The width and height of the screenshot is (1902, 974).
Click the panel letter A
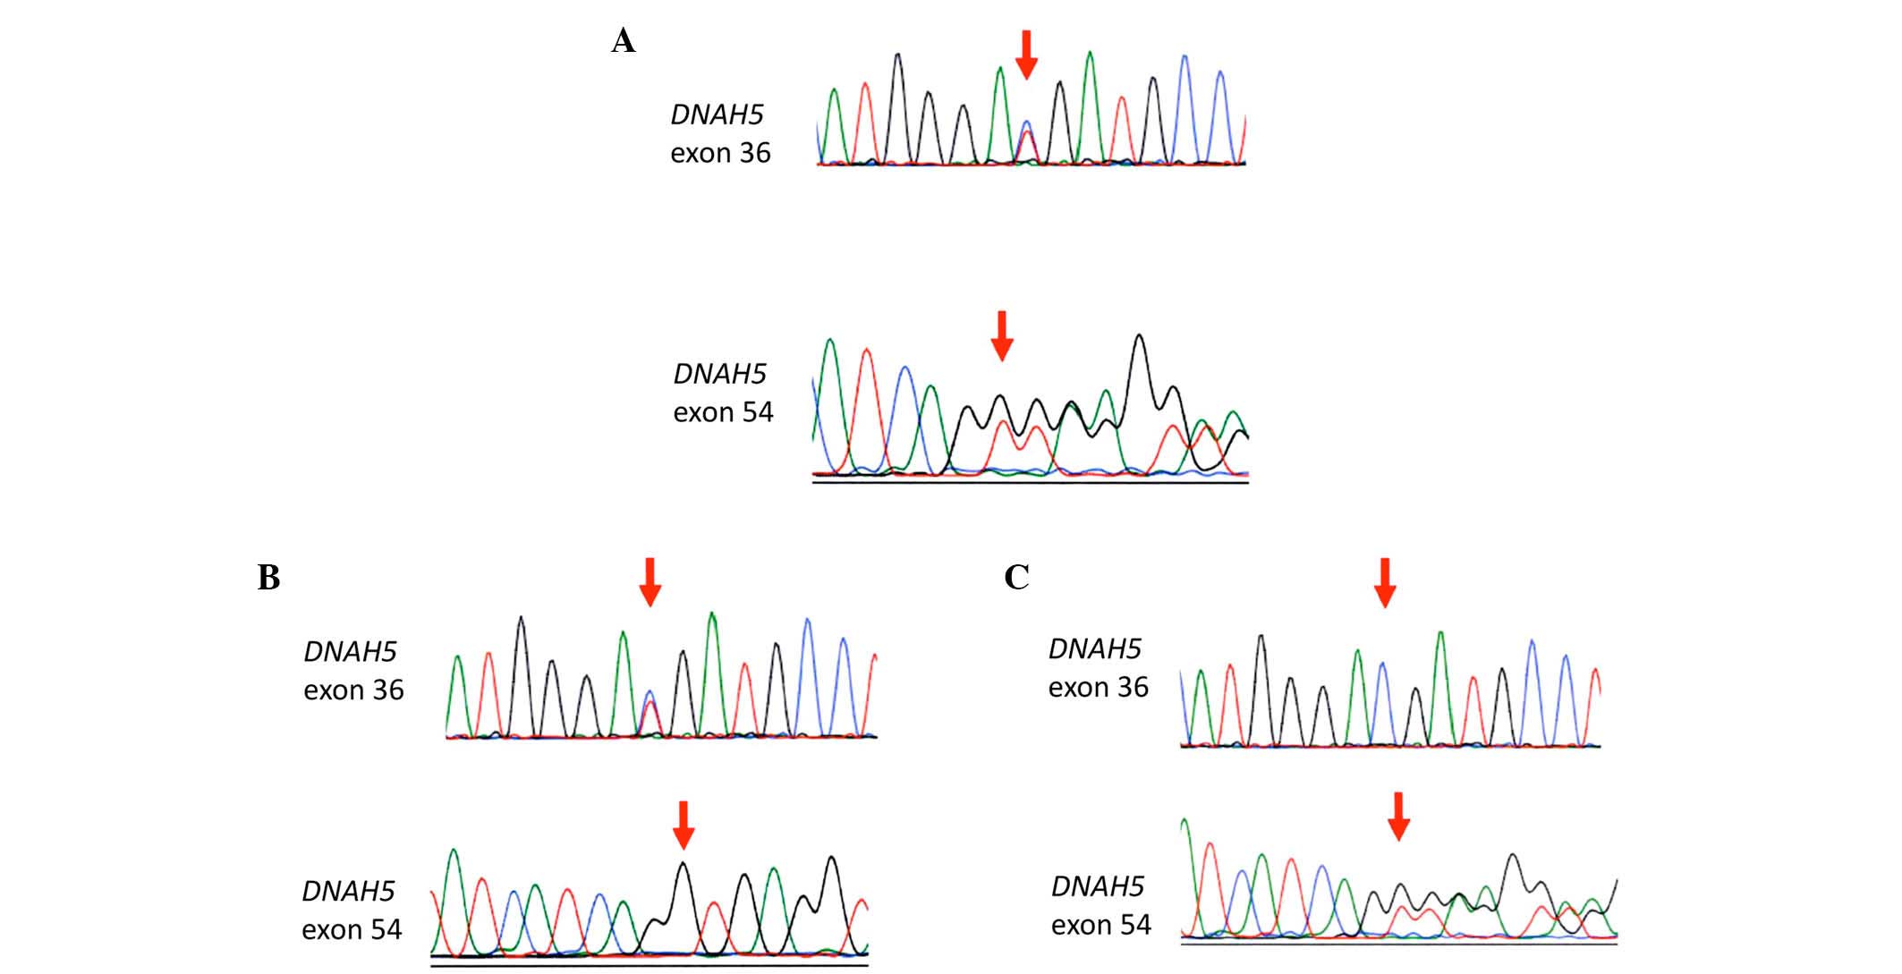click(x=624, y=41)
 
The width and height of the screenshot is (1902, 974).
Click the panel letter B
click(x=268, y=579)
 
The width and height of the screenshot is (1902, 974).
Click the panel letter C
click(x=1016, y=578)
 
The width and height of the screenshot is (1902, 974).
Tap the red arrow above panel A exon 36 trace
click(x=1026, y=54)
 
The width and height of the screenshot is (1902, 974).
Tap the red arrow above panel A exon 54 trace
click(x=1002, y=335)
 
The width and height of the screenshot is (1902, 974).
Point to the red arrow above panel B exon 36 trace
click(x=650, y=582)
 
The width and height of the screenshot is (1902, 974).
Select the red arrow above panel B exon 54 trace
click(x=684, y=825)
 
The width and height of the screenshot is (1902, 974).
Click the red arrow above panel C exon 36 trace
click(x=1384, y=582)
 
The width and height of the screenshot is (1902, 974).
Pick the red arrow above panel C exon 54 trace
click(x=1398, y=816)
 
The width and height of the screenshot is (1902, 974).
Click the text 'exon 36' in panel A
click(x=720, y=154)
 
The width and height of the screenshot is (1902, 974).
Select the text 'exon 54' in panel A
click(x=723, y=413)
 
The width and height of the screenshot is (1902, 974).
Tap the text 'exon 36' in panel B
click(x=353, y=690)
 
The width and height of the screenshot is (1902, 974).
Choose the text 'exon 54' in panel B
click(x=352, y=930)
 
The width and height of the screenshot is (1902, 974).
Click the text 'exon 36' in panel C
click(x=1098, y=688)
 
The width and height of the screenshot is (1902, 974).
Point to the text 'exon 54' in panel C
click(x=1100, y=925)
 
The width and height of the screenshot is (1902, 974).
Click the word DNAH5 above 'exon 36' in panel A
click(x=717, y=114)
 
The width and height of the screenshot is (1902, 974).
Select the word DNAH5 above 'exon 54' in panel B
click(x=348, y=891)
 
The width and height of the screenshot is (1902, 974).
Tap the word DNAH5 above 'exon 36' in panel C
click(x=1094, y=648)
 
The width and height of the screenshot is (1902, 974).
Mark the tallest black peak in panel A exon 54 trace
click(x=1139, y=337)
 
